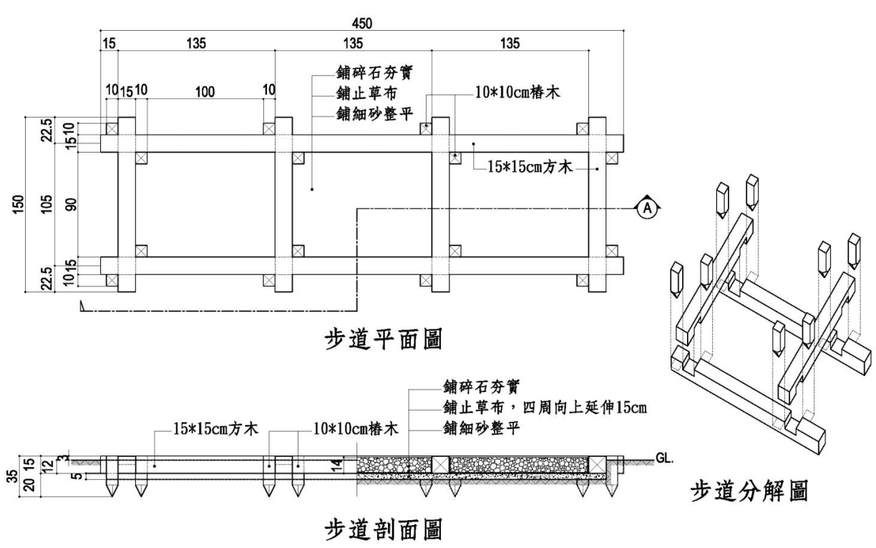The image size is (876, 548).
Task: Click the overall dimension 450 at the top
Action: [361, 24]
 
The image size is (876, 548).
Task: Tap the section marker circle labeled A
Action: [647, 208]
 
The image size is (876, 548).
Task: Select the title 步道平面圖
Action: [384, 339]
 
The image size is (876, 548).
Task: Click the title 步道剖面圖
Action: [384, 529]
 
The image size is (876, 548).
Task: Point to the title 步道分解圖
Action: [749, 491]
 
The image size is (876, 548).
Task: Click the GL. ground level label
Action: [664, 458]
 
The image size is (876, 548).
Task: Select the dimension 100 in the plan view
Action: [205, 92]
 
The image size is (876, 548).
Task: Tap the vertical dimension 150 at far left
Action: [19, 204]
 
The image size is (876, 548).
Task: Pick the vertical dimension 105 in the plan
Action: [46, 204]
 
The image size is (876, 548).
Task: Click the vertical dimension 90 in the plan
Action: [71, 204]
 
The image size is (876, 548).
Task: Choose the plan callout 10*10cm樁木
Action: [517, 93]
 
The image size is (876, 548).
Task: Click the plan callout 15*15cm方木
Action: [530, 167]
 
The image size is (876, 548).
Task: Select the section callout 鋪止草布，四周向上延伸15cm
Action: [545, 408]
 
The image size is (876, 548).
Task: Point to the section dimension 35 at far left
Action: [13, 476]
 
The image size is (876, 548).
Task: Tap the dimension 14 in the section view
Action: [336, 465]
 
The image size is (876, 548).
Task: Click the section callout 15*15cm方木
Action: [215, 428]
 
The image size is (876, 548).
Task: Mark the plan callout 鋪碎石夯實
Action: [374, 73]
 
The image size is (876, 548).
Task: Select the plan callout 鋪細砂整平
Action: [374, 114]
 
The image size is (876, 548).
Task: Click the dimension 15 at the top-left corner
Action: [109, 44]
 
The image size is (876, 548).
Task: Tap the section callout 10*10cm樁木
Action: [356, 429]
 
